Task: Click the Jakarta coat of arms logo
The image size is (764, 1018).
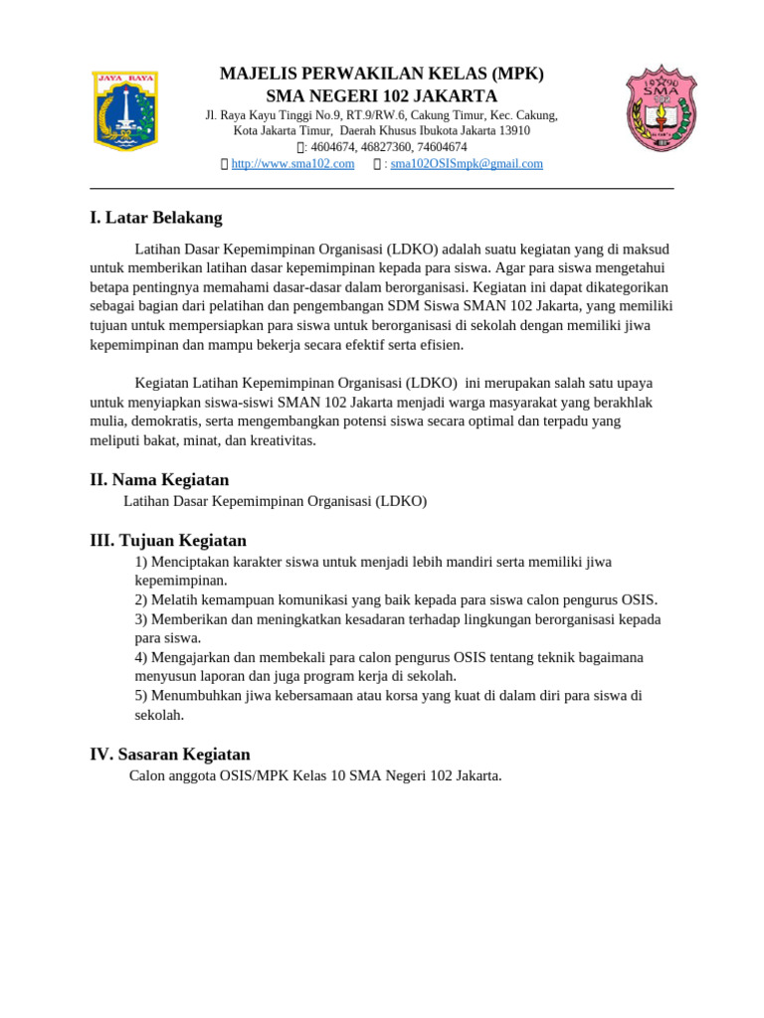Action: click(x=125, y=110)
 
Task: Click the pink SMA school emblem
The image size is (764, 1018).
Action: click(x=661, y=108)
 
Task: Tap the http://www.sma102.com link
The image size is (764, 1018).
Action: click(x=292, y=164)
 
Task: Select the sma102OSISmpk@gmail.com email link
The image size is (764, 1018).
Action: click(x=467, y=164)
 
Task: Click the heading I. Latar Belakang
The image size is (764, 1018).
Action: click(x=156, y=218)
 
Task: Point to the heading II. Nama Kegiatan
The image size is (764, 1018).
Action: click(x=159, y=480)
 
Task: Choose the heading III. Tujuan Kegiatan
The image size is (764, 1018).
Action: click(x=168, y=541)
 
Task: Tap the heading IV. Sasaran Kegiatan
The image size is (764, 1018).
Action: click(x=170, y=755)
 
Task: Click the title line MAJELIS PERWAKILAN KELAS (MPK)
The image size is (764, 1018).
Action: click(x=381, y=75)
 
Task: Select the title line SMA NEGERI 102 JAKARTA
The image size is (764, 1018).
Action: click(x=381, y=96)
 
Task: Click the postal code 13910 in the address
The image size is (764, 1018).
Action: click(x=513, y=131)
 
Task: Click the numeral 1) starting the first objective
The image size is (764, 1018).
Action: click(x=141, y=563)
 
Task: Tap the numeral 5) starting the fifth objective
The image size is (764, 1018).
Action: click(x=141, y=696)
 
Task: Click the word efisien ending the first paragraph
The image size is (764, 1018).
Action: click(x=441, y=345)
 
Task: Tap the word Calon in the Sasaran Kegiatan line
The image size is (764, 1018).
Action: click(x=147, y=775)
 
